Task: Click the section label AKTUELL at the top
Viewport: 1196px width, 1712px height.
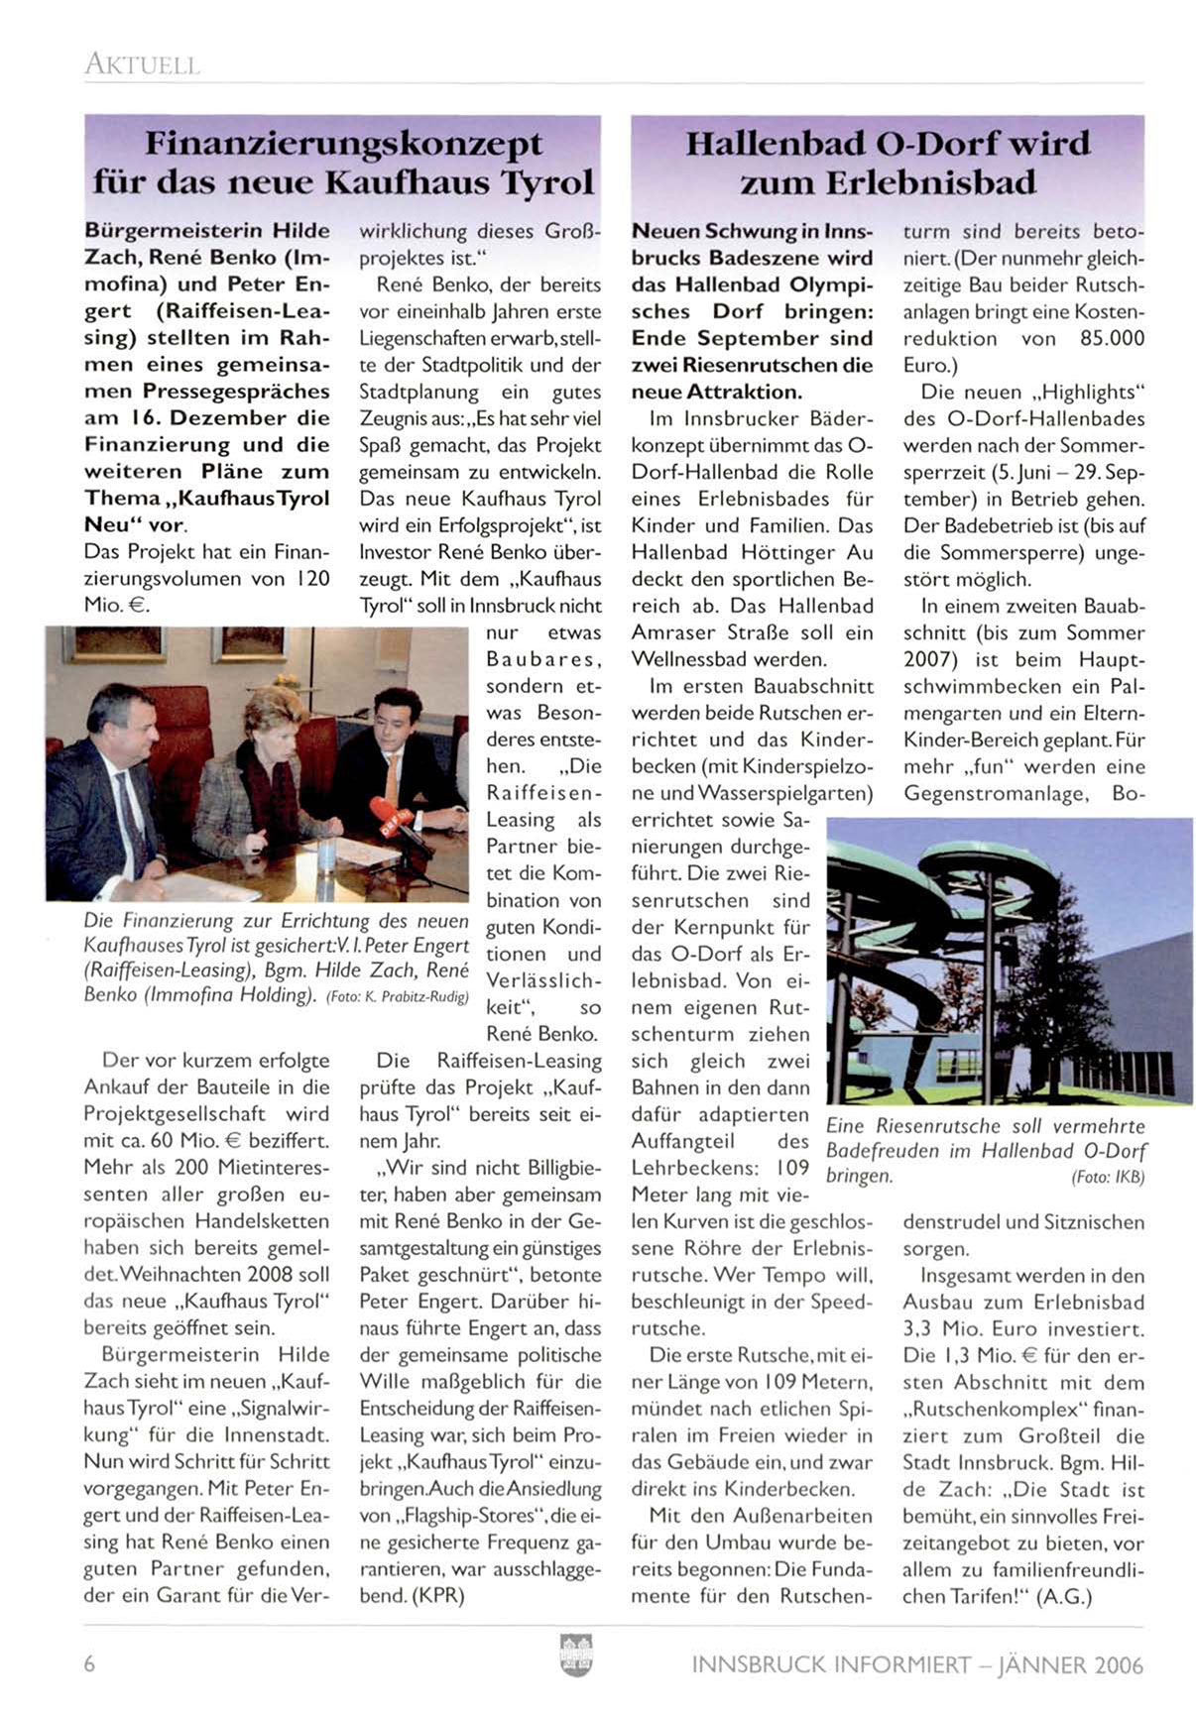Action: coord(142,65)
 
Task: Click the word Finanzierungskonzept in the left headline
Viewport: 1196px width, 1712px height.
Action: coord(343,145)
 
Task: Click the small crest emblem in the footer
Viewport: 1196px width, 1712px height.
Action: coord(576,1655)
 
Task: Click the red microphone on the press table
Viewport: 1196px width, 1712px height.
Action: coord(391,815)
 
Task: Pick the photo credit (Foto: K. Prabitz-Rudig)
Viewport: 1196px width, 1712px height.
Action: coord(397,997)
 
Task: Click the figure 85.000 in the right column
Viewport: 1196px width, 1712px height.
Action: coord(1111,339)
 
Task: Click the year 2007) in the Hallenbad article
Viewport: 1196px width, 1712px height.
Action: coord(929,659)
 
